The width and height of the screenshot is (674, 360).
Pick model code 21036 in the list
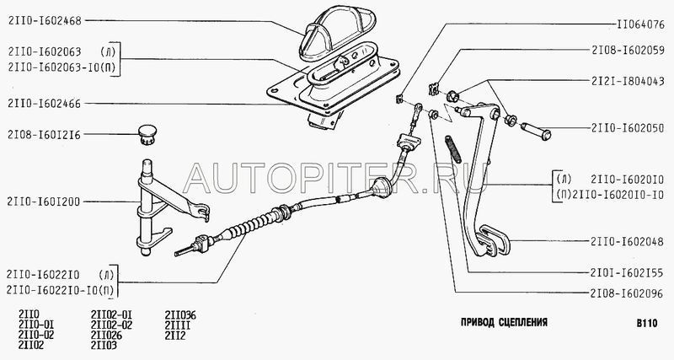[182, 314]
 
